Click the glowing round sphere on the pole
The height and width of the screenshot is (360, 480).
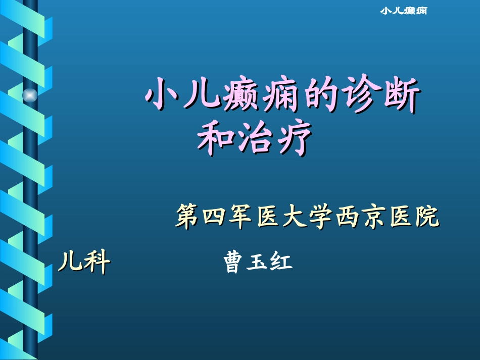pyautogui.click(x=30, y=95)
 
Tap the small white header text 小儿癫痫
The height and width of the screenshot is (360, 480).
pyautogui.click(x=404, y=11)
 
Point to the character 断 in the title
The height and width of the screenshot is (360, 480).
pyautogui.click(x=402, y=94)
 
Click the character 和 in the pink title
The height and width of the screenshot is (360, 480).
pyautogui.click(x=216, y=138)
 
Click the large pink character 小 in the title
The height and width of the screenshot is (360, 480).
pyautogui.click(x=162, y=93)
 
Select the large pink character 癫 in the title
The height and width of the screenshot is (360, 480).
pyautogui.click(x=241, y=94)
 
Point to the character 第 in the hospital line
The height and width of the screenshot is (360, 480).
pyautogui.click(x=187, y=216)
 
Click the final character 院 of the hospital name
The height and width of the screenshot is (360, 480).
pyautogui.click(x=427, y=217)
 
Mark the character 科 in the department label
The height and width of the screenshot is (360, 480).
pyautogui.click(x=97, y=261)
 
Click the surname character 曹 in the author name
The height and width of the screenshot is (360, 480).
pyautogui.click(x=234, y=262)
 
